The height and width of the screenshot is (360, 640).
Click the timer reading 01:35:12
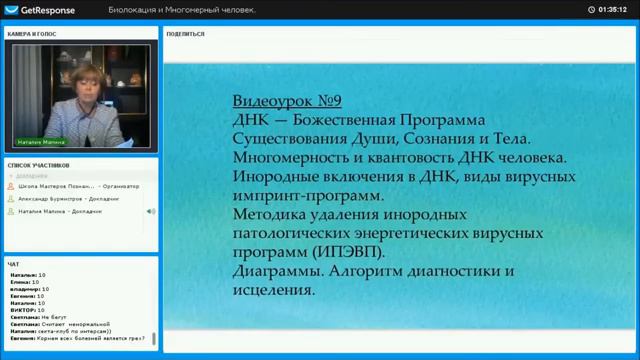coord(612,9)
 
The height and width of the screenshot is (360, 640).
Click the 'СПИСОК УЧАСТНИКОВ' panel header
coord(39,163)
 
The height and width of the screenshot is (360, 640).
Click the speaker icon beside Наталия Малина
coord(151,211)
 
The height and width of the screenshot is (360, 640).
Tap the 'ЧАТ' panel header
coord(13,264)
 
